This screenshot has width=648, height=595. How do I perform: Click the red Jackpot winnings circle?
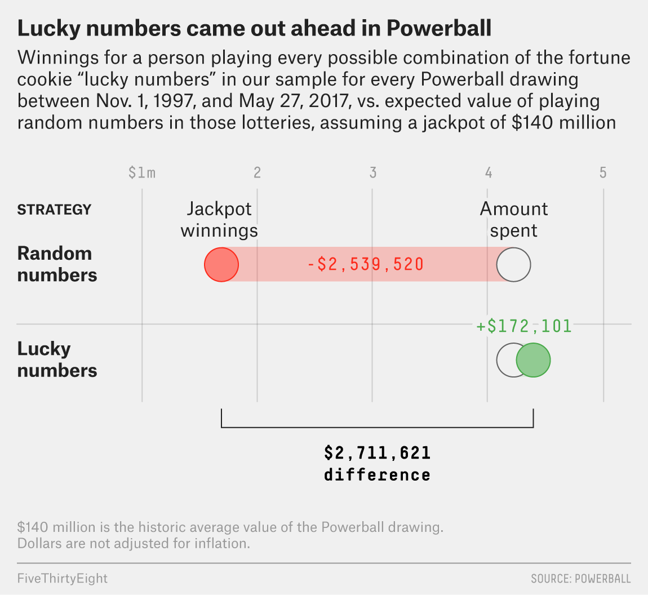[x=221, y=264]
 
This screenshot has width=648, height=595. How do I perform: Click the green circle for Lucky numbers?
[x=533, y=361]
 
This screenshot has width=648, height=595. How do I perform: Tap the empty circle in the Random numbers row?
[x=513, y=264]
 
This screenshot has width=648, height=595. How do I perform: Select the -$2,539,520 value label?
[x=366, y=264]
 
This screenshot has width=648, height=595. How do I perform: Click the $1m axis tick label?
[x=141, y=172]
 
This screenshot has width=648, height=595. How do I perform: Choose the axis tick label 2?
[x=257, y=172]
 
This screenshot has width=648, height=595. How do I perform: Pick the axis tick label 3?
[x=372, y=172]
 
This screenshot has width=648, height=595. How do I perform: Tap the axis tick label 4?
[x=489, y=172]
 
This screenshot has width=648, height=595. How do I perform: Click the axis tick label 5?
[x=603, y=172]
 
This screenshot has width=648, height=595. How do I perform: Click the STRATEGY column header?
[x=54, y=210]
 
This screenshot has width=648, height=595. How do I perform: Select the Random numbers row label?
[x=57, y=264]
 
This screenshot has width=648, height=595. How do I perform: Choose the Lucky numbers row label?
[x=57, y=359]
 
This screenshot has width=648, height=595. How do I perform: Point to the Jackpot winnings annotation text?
[x=219, y=220]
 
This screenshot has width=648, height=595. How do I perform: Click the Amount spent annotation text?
[x=514, y=220]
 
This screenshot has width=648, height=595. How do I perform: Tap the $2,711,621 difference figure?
[x=377, y=453]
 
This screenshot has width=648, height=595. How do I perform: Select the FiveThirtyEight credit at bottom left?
[x=63, y=578]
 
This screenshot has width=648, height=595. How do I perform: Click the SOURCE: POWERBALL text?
[x=580, y=579]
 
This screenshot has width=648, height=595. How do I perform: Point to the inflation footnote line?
[x=134, y=544]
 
